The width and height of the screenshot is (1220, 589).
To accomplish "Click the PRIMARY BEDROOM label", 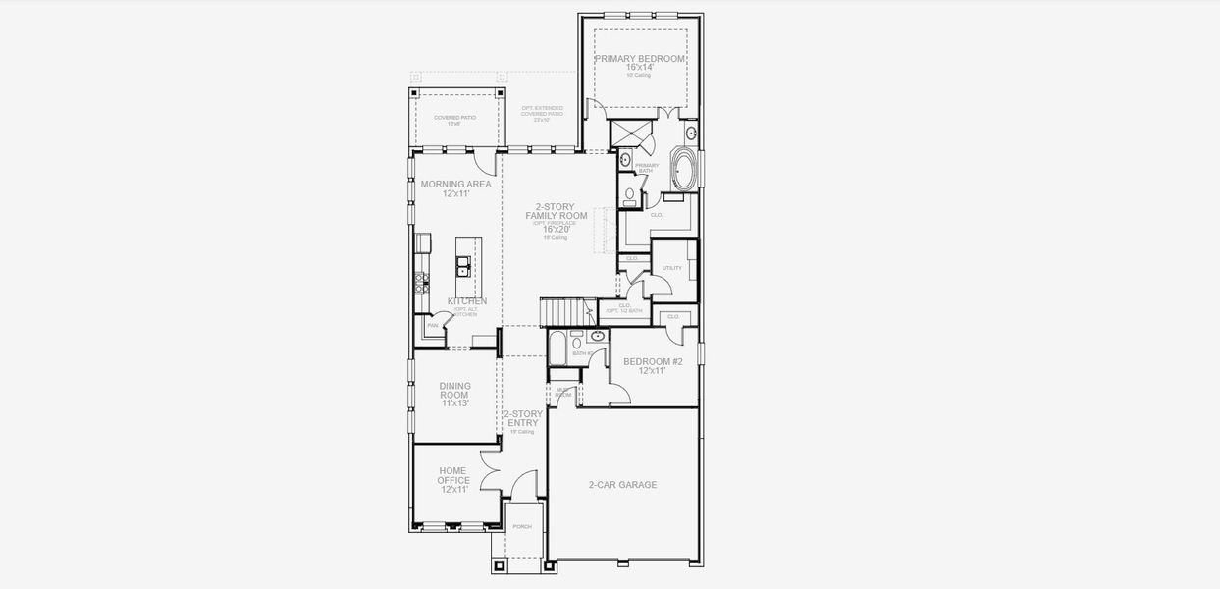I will [x=639, y=59].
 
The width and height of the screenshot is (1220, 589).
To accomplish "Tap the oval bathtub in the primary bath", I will [x=683, y=170].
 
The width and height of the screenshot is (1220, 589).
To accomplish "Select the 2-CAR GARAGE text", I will [x=622, y=485].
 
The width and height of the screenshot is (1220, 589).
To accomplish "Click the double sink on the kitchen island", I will [x=461, y=266].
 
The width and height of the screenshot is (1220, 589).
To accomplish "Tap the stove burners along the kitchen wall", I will [x=422, y=283].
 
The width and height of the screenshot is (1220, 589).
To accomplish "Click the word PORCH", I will [x=522, y=527].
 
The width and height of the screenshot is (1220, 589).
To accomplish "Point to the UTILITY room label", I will [x=671, y=268].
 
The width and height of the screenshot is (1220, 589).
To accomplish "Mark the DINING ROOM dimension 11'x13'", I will [x=454, y=403].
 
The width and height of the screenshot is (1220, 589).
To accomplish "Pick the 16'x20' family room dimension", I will [x=556, y=229].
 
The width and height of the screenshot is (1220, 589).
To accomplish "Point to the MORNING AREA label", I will [x=455, y=184].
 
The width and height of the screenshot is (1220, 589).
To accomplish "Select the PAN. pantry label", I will [x=432, y=325].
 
